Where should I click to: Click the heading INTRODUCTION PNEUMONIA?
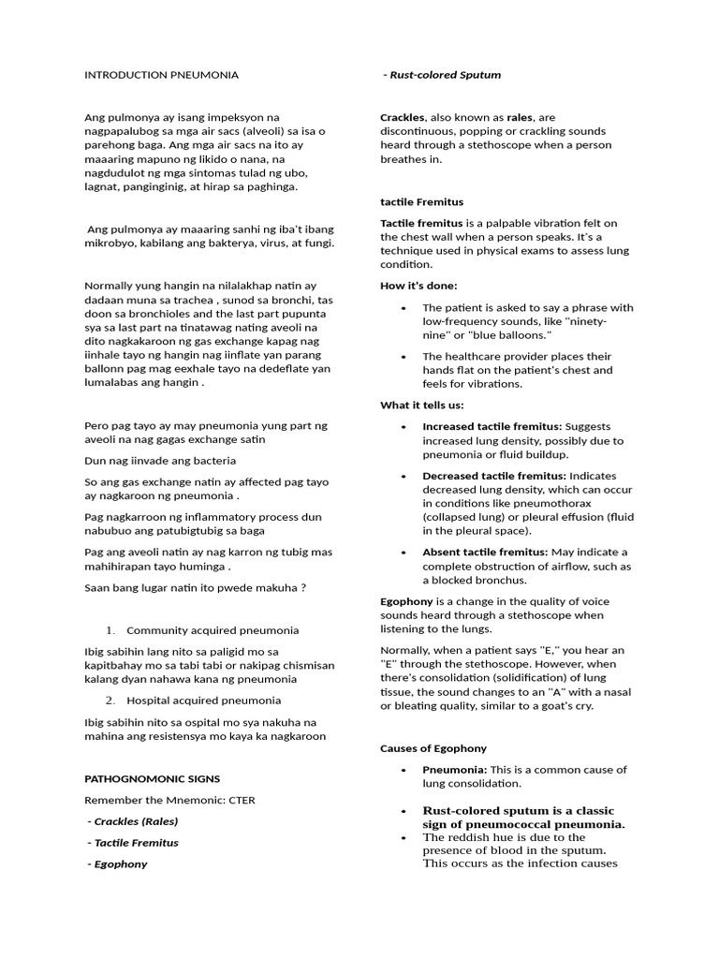(161, 74)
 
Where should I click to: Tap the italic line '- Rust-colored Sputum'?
(442, 74)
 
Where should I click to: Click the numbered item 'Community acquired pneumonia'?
(213, 630)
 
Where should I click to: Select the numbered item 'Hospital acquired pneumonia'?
(203, 700)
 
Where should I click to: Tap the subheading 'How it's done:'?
(418, 285)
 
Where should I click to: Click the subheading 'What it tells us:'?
(421, 405)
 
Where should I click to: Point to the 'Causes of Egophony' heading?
(433, 748)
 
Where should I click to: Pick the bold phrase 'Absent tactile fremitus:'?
(485, 552)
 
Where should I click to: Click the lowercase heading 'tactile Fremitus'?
(421, 201)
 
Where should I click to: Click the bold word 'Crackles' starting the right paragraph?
(403, 117)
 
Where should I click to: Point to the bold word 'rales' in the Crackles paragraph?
(520, 117)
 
